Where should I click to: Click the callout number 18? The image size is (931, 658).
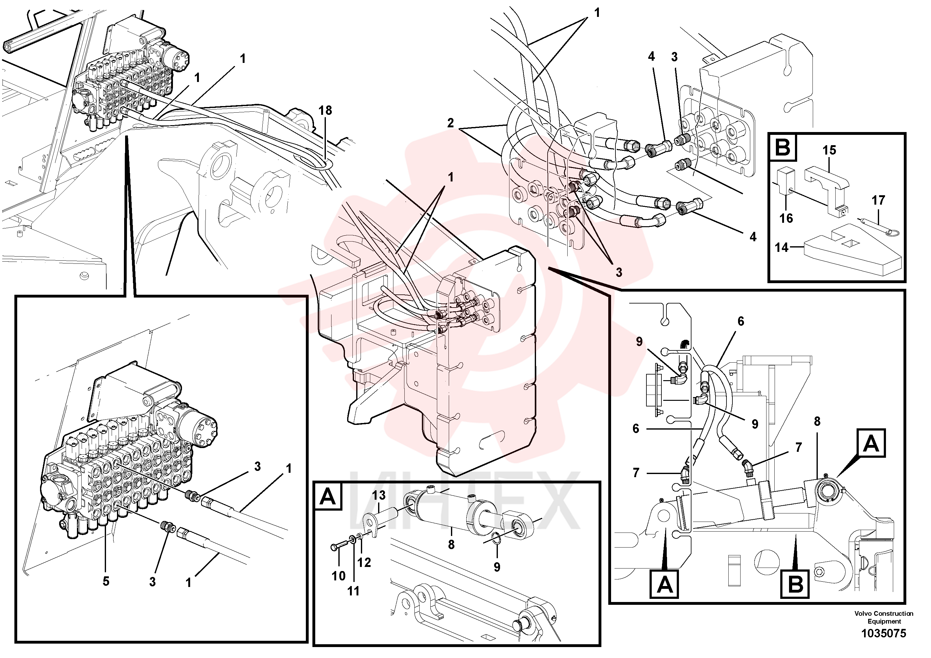325,110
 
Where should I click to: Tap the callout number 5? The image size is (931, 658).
106,581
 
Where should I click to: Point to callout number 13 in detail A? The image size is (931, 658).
379,495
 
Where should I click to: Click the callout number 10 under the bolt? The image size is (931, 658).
339,576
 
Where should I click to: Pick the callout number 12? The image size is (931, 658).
364,562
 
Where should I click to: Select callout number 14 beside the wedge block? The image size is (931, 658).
782,247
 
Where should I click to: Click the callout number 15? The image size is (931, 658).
829,150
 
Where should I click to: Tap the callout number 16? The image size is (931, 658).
786,218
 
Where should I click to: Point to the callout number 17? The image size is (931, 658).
878,200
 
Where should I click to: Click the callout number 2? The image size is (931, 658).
451,123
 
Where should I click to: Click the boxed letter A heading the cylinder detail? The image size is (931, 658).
328,496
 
